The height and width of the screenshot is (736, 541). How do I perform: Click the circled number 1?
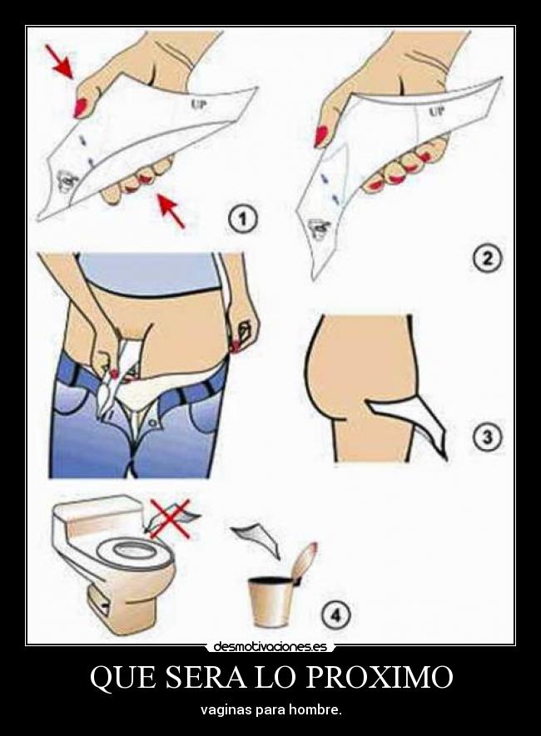pos(244,220)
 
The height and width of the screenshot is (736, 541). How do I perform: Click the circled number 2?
pos(488,259)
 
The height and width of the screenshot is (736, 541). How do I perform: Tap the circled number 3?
pos(487,437)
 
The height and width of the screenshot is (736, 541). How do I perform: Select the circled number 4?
pos(335,614)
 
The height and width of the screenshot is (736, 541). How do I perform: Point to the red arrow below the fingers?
pos(170,212)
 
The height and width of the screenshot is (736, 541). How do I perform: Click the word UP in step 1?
pos(199,103)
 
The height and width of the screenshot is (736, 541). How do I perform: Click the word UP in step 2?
pos(437,112)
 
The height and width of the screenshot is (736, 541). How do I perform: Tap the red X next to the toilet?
pos(170,519)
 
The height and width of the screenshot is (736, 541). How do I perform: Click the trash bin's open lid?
pos(307,562)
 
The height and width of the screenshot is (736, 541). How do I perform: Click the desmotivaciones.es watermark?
pos(270,647)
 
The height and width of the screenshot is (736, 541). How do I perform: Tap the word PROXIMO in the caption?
pos(380,677)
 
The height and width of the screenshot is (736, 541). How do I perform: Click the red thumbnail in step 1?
pos(80,106)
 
